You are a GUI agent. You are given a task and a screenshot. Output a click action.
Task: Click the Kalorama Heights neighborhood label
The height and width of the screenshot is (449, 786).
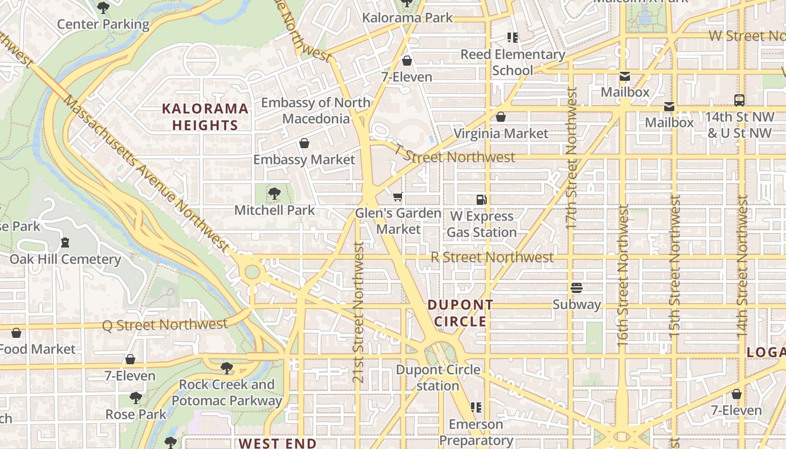[x=205, y=117]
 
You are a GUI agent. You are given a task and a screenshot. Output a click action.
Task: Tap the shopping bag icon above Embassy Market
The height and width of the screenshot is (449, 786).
[x=304, y=143]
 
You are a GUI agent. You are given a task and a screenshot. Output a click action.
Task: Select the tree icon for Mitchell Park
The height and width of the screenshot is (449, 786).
[x=275, y=194]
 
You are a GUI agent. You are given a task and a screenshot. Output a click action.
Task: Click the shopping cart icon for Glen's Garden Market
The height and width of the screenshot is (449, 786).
[x=398, y=196]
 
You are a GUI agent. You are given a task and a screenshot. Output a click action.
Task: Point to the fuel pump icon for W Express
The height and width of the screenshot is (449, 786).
[x=481, y=199]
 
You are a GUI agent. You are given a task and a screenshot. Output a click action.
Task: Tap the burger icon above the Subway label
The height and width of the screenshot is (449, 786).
[x=577, y=288]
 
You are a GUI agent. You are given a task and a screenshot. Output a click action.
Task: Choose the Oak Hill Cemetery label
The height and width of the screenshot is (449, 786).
[x=65, y=259]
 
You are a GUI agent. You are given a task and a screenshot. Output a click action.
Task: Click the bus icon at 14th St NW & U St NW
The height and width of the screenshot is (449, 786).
[x=739, y=100]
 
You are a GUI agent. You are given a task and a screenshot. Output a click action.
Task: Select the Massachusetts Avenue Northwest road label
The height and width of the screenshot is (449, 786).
[x=146, y=173]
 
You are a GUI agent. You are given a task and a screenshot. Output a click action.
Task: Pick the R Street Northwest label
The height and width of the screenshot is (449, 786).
[x=492, y=258]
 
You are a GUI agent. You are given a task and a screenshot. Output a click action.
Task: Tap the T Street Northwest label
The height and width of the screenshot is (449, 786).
[x=454, y=155]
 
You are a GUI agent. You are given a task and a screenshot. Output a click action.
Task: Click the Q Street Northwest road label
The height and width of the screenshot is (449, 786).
[x=165, y=324]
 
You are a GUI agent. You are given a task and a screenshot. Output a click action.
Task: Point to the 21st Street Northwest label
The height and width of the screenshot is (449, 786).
[x=359, y=312]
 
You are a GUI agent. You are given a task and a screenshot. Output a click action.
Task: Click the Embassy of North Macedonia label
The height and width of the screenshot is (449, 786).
[x=316, y=111]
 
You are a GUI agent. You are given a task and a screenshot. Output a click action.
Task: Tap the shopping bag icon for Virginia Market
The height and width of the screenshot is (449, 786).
[x=501, y=117]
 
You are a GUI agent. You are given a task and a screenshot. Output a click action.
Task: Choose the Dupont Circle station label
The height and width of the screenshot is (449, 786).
[x=438, y=378]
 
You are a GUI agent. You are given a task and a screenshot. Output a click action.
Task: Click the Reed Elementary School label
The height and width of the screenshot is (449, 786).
[x=513, y=62]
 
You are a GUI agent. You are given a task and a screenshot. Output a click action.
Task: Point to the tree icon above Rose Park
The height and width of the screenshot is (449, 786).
[x=136, y=398]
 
